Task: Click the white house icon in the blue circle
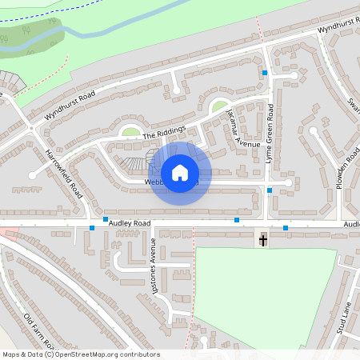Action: [180, 172]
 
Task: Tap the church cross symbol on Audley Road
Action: [263, 239]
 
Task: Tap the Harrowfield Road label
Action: [64, 173]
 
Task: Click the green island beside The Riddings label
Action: [130, 131]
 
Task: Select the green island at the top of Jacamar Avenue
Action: [218, 106]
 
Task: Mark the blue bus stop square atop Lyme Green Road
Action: [265, 73]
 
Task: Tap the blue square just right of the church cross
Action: [286, 227]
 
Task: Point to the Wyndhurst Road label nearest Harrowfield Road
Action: [70, 105]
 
